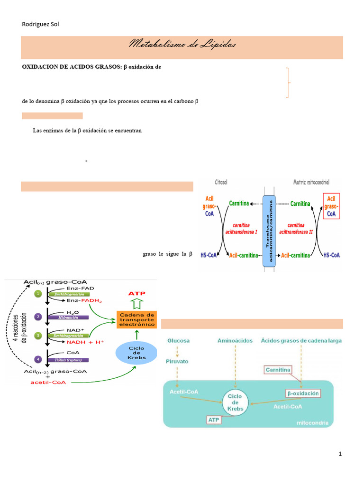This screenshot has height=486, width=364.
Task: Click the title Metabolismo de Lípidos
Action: coord(182,45)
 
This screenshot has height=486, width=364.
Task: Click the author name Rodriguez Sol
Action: coord(41,24)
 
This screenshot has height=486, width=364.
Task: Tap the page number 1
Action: coord(340,454)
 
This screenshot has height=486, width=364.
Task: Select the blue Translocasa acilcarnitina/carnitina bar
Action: coord(269,233)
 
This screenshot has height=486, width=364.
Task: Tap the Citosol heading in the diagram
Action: coord(221,182)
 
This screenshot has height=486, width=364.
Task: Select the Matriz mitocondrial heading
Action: coord(311,182)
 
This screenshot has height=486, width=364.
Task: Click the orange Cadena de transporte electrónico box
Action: coord(136,319)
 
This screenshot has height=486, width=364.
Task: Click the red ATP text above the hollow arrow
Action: coord(137,294)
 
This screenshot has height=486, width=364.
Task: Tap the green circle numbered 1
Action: coord(38,294)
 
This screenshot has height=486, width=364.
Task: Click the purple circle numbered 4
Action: coord(38,359)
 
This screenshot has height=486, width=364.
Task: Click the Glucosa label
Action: coord(178,341)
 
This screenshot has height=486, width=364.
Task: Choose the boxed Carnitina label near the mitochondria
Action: coord(278,370)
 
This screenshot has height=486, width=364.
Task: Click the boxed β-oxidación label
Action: coord(303,393)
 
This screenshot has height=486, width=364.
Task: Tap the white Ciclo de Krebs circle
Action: coord(235,402)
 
